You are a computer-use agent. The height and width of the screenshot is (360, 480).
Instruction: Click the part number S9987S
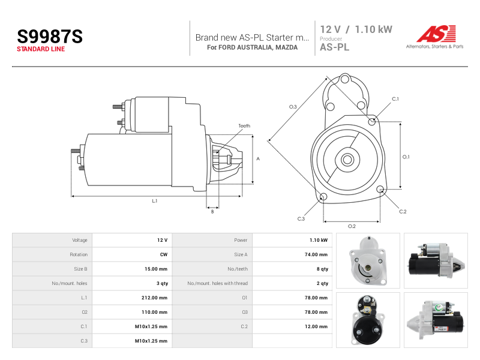pyautogui.click(x=50, y=37)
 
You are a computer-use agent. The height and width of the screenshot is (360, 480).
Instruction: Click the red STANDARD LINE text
pyautogui.click(x=41, y=49)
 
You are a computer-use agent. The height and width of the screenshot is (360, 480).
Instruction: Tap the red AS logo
pyautogui.click(x=436, y=34)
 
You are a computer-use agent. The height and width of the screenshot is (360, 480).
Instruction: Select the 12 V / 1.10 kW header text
pyautogui.click(x=356, y=29)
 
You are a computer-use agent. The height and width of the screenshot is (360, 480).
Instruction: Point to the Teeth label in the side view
pyautogui.click(x=244, y=126)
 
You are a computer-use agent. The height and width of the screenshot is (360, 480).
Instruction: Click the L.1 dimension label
pyautogui.click(x=155, y=201)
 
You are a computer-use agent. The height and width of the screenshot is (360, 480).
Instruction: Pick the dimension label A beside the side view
pyautogui.click(x=258, y=158)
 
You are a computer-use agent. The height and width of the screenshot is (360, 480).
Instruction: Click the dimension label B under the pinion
pyautogui.click(x=212, y=212)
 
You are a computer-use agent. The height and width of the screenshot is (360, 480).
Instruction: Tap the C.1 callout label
pyautogui.click(x=395, y=99)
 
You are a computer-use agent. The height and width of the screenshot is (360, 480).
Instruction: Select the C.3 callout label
pyautogui.click(x=301, y=218)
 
